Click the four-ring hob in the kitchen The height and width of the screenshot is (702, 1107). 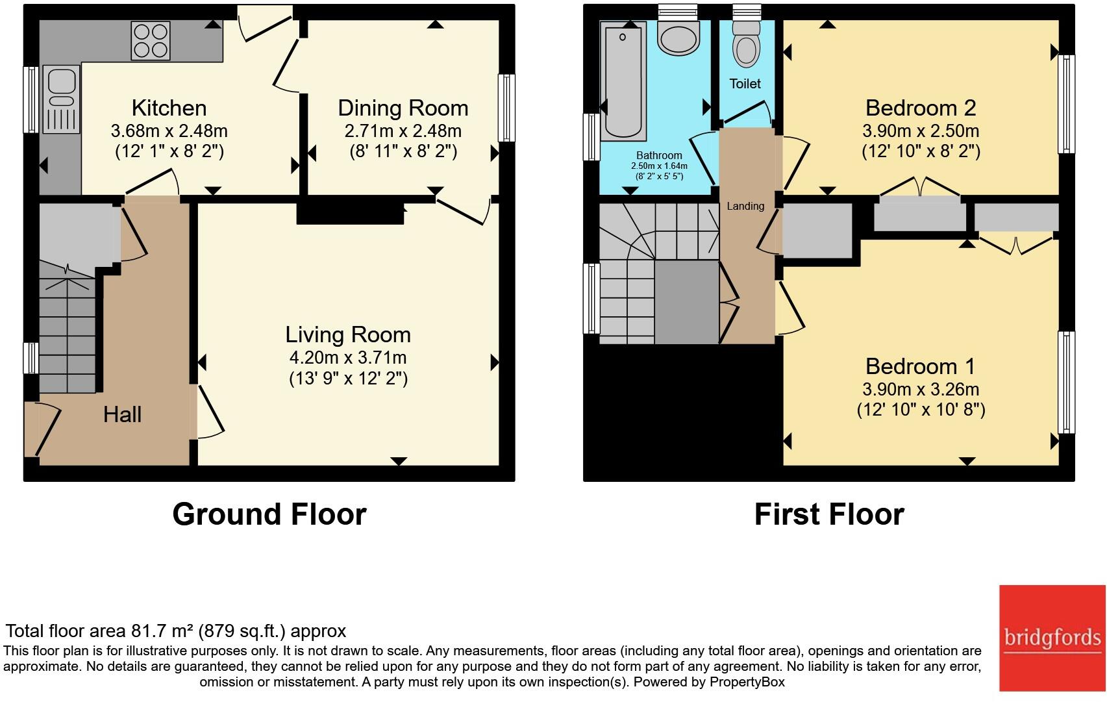pos(151,40)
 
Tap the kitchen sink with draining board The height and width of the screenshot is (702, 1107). pos(61,99)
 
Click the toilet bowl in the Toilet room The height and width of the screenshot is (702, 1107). pos(746,45)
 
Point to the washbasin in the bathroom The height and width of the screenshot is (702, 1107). pos(678,38)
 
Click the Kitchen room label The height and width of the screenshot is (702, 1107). pos(169,108)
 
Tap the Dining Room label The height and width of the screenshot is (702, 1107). pos(403,108)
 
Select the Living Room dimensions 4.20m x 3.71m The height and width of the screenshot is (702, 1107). pos(348,357)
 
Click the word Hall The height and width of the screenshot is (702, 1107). pos(122,414)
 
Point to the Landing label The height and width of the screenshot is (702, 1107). pos(745,206)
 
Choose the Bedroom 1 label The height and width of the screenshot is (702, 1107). pos(920,366)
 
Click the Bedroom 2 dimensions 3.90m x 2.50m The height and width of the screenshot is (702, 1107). pos(921,131)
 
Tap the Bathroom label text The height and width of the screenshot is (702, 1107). pos(659,155)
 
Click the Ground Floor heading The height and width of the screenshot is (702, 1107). pos(269,514)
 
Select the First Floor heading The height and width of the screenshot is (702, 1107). pos(829,514)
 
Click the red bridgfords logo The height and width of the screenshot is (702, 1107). pos(1052,638)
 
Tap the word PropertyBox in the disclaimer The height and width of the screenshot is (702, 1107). pos(747,683)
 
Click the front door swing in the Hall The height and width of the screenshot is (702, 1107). pos(47,429)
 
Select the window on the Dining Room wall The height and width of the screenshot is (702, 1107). pos(506,108)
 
